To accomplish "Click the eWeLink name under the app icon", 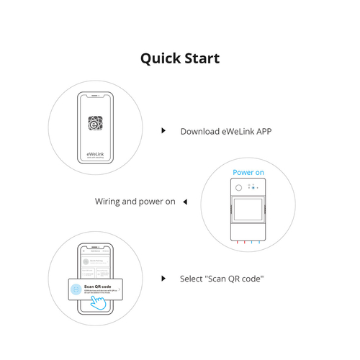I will pyautogui.click(x=95, y=152).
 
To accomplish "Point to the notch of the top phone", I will pyautogui.click(x=95, y=93).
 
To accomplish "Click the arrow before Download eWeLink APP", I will pyautogui.click(x=164, y=131).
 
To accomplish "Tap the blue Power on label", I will pyautogui.click(x=248, y=173).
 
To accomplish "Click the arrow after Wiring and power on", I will pyautogui.click(x=184, y=202).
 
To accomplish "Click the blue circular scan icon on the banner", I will pyautogui.click(x=76, y=289).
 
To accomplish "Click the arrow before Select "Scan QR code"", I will pyautogui.click(x=164, y=278).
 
